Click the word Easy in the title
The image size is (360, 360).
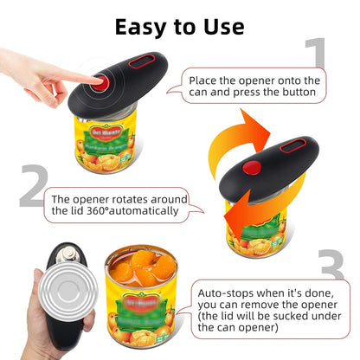[142, 25]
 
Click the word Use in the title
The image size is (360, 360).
[220, 25]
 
